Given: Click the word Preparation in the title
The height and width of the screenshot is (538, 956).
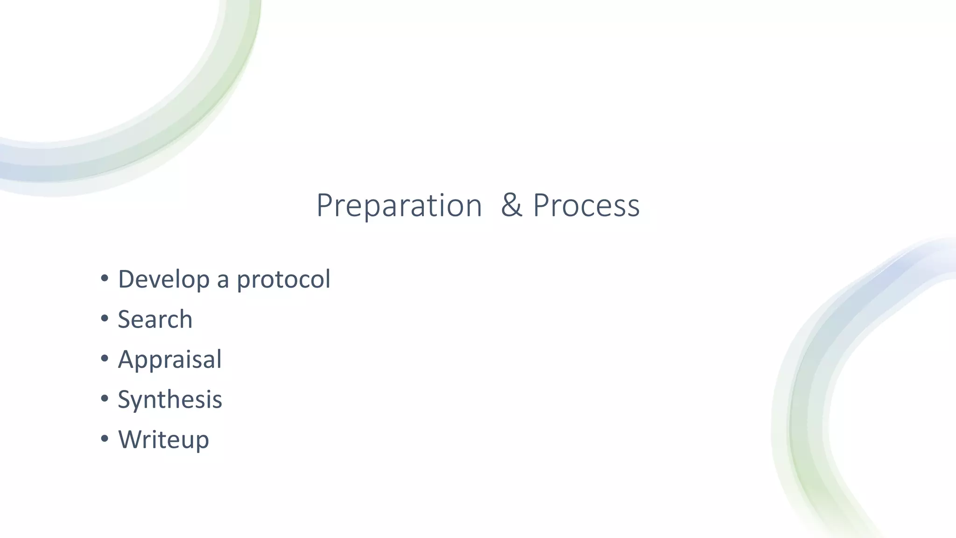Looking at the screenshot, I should pos(399,205).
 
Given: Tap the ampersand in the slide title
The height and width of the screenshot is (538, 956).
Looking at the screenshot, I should pos(511,205).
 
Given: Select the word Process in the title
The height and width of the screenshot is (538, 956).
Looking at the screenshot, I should pos(586,205).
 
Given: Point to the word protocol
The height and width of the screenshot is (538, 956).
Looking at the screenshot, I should pos(283,280).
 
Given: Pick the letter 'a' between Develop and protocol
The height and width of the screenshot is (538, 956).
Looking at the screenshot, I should pos(223,281).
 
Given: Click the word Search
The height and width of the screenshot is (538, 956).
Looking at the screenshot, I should pos(155,319).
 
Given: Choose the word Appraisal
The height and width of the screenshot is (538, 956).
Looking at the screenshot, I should pos(169,360).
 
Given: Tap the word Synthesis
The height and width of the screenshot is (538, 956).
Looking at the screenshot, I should pos(169,400).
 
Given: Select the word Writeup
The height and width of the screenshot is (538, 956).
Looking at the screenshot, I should pos(163,440).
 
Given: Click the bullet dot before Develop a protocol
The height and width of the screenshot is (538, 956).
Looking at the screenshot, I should pos(105,279).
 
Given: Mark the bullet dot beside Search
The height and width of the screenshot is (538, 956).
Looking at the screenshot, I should pos(105,319).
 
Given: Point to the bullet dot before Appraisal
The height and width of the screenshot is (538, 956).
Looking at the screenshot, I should pos(105,359).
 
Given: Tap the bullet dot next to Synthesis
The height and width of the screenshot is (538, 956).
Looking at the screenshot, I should pos(105,399).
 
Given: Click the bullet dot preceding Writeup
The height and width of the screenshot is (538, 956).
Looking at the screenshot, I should pos(105,439).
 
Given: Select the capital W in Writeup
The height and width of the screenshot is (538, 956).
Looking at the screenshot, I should pos(130,439).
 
